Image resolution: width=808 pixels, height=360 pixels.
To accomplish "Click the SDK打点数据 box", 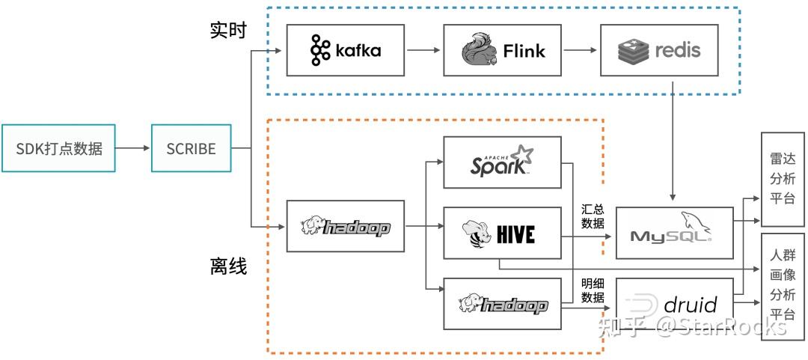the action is (58, 148).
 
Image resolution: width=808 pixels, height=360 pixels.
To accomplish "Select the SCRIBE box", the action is (192, 148).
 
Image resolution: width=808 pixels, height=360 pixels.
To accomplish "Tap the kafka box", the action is (345, 51).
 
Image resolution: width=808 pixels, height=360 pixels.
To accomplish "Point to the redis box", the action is (659, 51).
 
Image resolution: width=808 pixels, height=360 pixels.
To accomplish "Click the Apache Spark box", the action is (503, 162).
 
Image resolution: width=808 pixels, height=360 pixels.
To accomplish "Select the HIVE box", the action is (503, 233).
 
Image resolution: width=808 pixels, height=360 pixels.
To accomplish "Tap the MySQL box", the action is (675, 233).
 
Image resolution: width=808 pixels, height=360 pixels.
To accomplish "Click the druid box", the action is (675, 304).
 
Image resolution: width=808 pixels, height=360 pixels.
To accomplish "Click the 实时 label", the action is (228, 31).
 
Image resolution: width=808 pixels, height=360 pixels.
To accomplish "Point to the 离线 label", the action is (228, 267).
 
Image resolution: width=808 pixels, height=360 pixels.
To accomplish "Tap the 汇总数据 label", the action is (593, 216).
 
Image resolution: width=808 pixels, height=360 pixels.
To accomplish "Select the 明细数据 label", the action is (593, 290).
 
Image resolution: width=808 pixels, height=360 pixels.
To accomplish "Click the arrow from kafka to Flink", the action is (423, 51).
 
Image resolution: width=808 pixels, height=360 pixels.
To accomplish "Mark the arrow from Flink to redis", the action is (581, 51).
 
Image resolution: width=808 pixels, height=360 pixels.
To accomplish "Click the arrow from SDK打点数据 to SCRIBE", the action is (132, 148).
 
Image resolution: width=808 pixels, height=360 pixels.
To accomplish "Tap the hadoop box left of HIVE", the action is (345, 226).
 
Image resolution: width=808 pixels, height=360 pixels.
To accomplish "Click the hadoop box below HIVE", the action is (503, 304).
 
